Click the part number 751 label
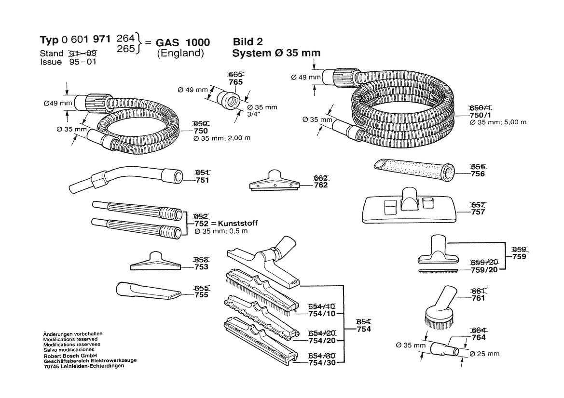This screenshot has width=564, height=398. click(202, 181)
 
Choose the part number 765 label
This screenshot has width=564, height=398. click(235, 82)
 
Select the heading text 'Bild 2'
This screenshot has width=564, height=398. click(248, 42)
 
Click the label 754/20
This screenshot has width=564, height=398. click(322, 340)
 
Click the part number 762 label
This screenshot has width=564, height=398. click(320, 185)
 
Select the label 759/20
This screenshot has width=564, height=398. click(484, 269)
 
